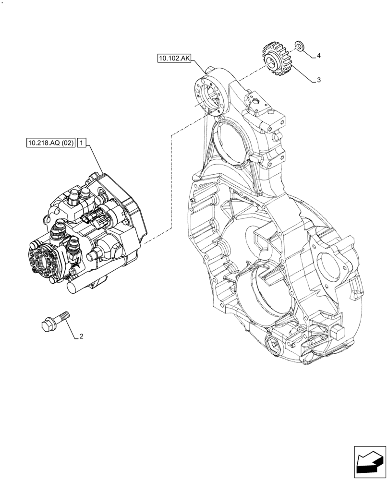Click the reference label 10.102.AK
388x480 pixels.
[x=174, y=59]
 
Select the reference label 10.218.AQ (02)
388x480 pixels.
[x=50, y=143]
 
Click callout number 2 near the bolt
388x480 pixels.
[x=81, y=336]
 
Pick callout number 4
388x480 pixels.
[x=318, y=56]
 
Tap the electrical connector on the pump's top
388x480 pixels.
[x=92, y=218]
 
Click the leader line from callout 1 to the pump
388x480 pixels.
[x=96, y=161]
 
